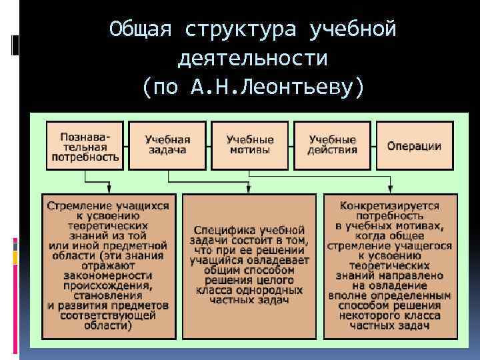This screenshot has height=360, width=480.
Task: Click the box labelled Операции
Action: (414, 145)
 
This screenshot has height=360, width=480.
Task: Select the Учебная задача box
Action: (167, 145)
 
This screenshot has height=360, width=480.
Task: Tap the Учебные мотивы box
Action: (249, 145)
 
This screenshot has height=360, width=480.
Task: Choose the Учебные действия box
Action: (332, 145)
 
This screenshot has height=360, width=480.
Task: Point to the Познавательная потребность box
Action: (85, 145)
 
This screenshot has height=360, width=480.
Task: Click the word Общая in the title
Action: (141, 29)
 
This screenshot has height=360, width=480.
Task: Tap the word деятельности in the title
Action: (253, 59)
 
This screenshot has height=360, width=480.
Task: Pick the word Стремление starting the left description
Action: (75, 205)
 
